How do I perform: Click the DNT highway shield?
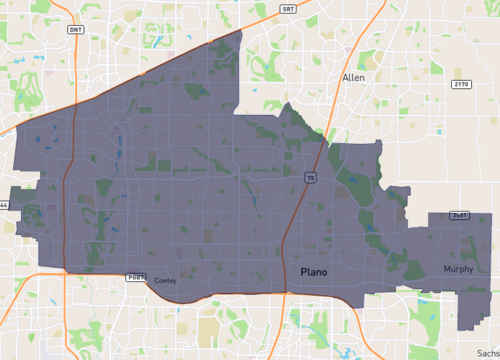[x=75, y=30]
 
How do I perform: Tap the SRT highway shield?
[x=287, y=8]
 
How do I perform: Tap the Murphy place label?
[x=459, y=269]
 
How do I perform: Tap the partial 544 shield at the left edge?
[x=3, y=205]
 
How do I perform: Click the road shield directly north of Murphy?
[x=459, y=215]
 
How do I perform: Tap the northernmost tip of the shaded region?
[x=242, y=31]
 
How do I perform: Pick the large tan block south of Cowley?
[x=209, y=329]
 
